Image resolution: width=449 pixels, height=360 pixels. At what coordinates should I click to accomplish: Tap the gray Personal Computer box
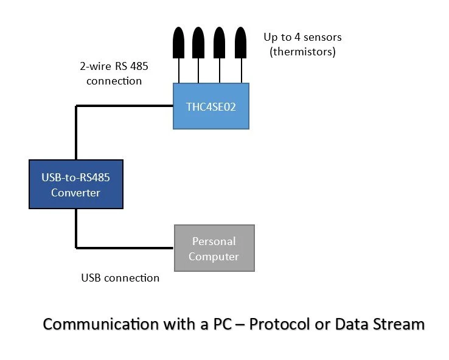tap(214, 248)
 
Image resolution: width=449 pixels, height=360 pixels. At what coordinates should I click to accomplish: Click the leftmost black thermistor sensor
tap(179, 43)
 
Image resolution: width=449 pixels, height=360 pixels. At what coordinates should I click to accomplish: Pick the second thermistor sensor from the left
tap(198, 43)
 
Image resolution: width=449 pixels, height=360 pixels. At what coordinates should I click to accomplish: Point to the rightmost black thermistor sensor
tap(241, 43)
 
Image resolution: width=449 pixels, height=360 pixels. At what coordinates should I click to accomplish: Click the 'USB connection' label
tap(120, 279)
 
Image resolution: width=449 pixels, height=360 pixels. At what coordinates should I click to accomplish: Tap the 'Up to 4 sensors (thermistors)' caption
tap(302, 44)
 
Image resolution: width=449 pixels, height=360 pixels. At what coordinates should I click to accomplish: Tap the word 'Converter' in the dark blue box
tap(76, 193)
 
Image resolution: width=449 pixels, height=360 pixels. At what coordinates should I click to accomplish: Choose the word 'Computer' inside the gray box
tap(214, 256)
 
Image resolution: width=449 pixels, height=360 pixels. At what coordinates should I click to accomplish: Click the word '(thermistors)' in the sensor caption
tap(302, 52)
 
